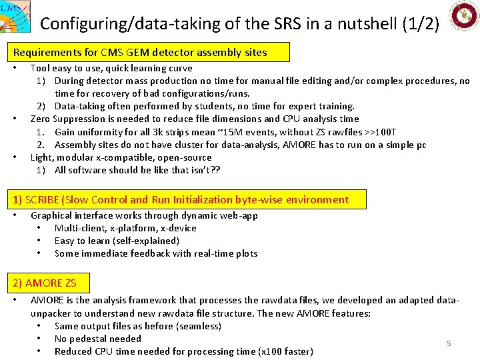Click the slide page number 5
449,343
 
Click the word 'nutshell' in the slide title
362,24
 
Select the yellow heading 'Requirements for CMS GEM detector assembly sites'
140,52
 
